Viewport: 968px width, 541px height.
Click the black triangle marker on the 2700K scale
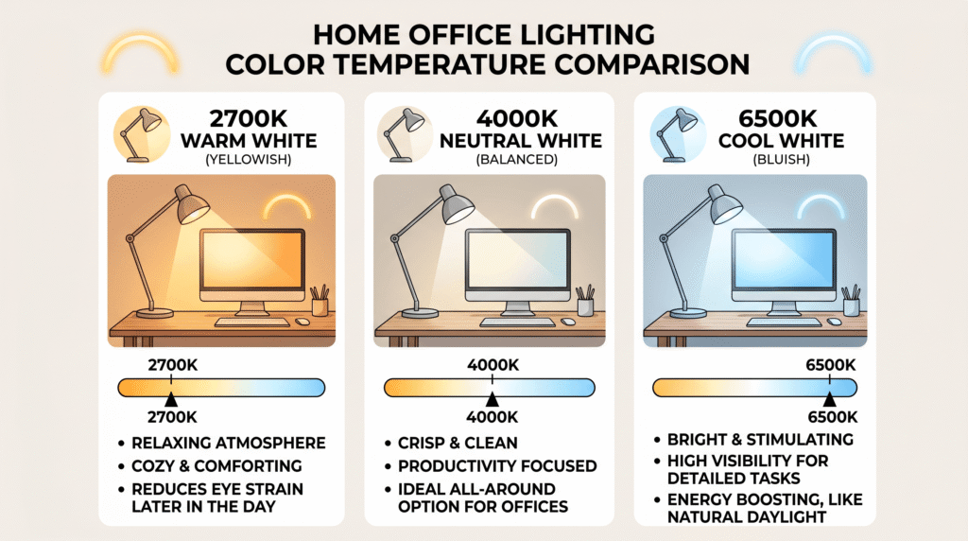pyautogui.click(x=170, y=400)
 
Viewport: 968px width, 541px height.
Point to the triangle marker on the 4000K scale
pyautogui.click(x=492, y=400)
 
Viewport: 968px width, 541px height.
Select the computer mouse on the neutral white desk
pyautogui.click(x=568, y=322)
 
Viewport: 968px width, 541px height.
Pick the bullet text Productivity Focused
pyautogui.click(x=496, y=465)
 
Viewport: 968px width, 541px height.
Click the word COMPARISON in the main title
pyautogui.click(x=645, y=64)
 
